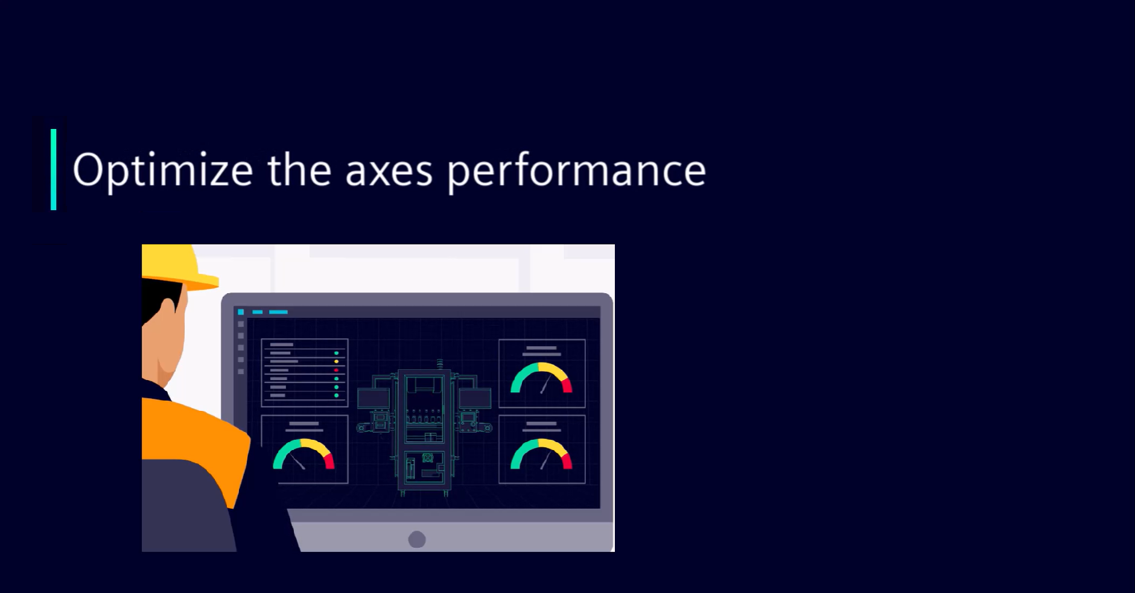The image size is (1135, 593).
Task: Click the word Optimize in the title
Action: pyautogui.click(x=162, y=171)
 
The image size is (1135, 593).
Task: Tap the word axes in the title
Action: pyautogui.click(x=389, y=171)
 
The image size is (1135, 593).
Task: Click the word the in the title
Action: pyautogui.click(x=299, y=169)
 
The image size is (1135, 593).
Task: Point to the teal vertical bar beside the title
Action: pyautogui.click(x=54, y=170)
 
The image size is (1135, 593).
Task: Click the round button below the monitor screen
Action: pyautogui.click(x=417, y=539)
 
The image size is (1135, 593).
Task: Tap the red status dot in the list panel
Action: pyautogui.click(x=336, y=370)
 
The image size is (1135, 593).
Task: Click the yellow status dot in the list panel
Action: pyautogui.click(x=336, y=361)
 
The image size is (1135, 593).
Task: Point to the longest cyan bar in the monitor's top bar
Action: pyautogui.click(x=278, y=312)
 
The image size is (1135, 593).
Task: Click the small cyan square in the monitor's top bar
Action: pyautogui.click(x=241, y=312)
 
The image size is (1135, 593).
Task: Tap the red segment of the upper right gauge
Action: pyautogui.click(x=567, y=385)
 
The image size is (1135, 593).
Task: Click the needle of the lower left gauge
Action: pyautogui.click(x=297, y=461)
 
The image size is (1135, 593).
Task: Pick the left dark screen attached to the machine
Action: pyautogui.click(x=374, y=398)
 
